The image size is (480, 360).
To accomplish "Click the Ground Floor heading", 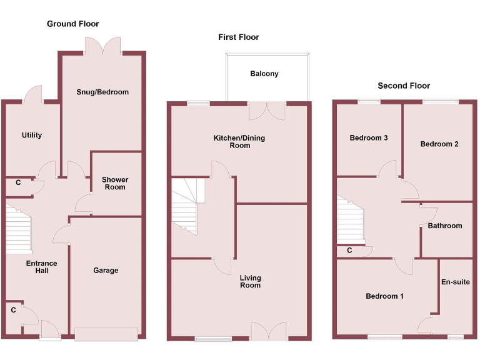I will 72,24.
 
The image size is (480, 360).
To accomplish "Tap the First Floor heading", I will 238,37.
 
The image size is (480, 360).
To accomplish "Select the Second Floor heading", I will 404,86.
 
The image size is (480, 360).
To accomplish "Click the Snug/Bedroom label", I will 102,92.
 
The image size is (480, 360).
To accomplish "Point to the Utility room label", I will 32,135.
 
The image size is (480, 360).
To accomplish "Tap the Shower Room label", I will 114,183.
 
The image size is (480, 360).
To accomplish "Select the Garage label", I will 106,271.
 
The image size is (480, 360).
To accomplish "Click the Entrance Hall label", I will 41,267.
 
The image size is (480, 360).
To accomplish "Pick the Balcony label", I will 264,74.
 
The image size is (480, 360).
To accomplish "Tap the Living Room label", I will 250,281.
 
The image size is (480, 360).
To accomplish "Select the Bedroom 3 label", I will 369,137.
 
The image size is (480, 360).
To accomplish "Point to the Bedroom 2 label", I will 439,144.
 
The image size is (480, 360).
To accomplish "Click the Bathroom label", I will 445,226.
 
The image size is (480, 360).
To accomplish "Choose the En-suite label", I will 456,282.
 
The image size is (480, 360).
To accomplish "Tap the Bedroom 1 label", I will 384,296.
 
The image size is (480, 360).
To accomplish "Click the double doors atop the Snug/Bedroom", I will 103,46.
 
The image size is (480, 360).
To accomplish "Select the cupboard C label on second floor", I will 349,251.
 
